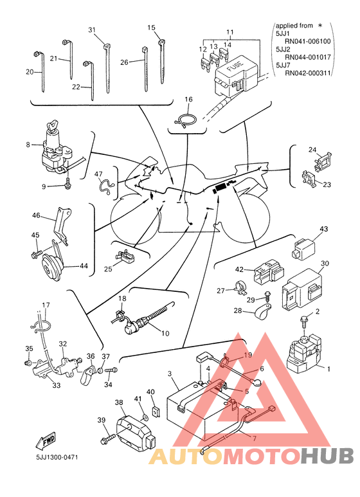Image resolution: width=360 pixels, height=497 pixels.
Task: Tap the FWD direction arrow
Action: coord(46,441)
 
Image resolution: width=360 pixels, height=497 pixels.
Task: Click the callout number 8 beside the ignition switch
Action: coord(28,145)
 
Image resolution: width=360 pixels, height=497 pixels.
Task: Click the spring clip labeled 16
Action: coord(186,120)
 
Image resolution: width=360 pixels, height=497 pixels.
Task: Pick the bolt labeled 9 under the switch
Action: coord(68,183)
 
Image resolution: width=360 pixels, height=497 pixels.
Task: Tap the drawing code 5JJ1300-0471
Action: coord(57,457)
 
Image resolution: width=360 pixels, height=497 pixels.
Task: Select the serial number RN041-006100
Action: coord(307,41)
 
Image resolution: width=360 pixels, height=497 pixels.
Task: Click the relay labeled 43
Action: coord(303,248)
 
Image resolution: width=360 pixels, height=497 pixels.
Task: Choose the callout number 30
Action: coord(325,263)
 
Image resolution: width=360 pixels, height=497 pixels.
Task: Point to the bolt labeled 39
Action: coord(107,439)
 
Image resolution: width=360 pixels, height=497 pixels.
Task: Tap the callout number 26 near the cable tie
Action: coord(124,62)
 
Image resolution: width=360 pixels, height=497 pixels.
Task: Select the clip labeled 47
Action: coord(105,186)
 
